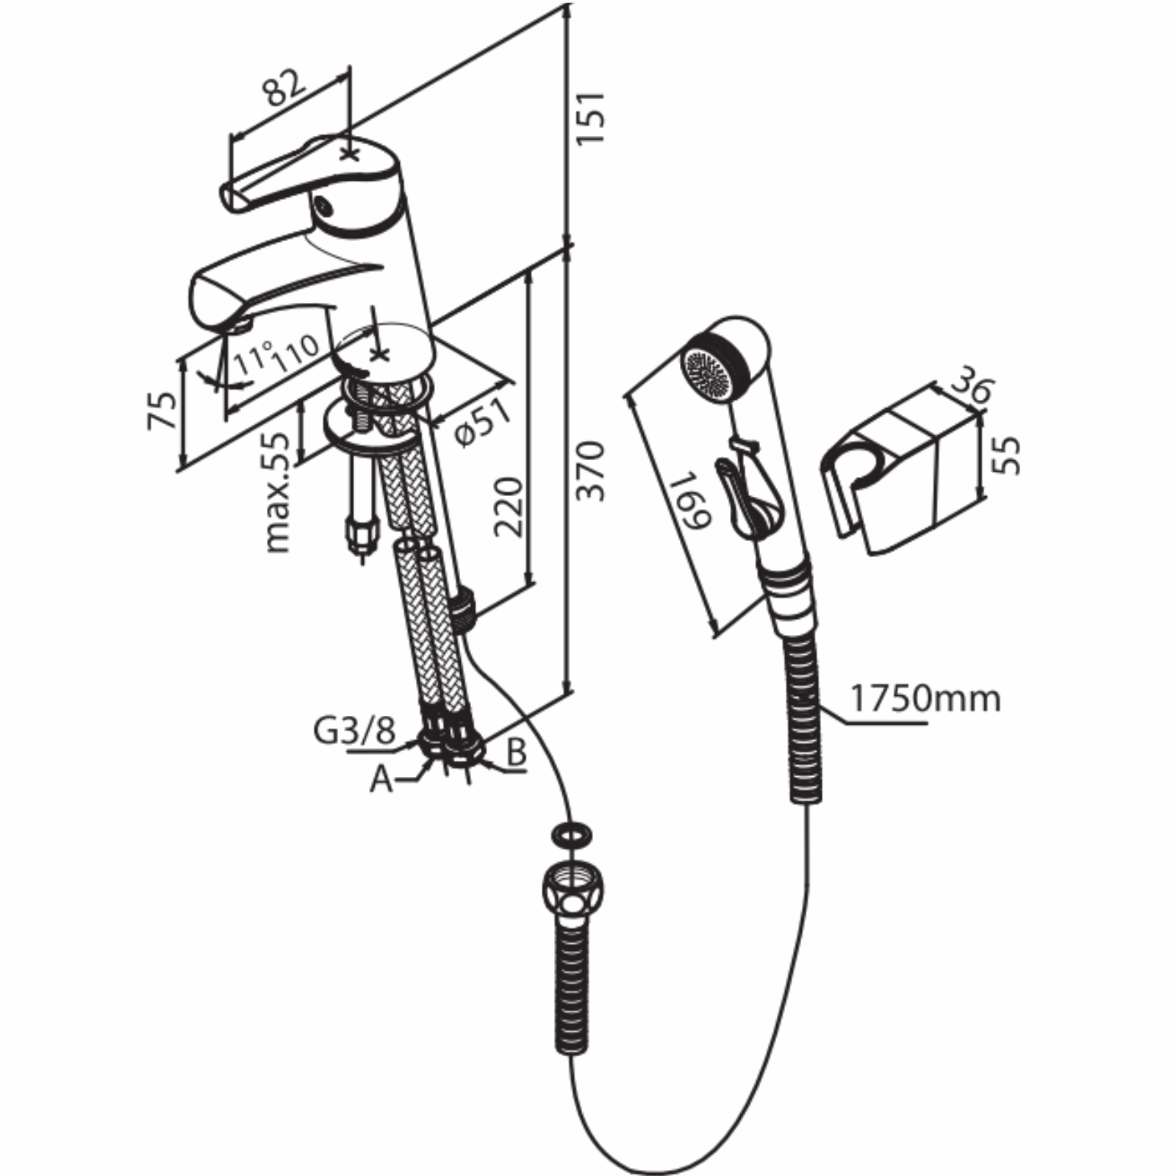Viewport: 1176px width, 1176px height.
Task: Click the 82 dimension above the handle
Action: [283, 87]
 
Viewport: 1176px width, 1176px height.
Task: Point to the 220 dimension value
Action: [509, 506]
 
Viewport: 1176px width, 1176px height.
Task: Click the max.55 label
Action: [279, 492]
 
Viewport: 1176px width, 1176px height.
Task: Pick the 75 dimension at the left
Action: [163, 410]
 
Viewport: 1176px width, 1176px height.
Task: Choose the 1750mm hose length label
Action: [925, 698]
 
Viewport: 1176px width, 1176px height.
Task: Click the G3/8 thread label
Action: [355, 731]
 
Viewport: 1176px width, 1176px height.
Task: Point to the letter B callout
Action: [517, 753]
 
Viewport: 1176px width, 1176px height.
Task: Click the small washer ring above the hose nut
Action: [571, 835]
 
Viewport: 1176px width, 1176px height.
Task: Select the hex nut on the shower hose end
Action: [570, 889]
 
